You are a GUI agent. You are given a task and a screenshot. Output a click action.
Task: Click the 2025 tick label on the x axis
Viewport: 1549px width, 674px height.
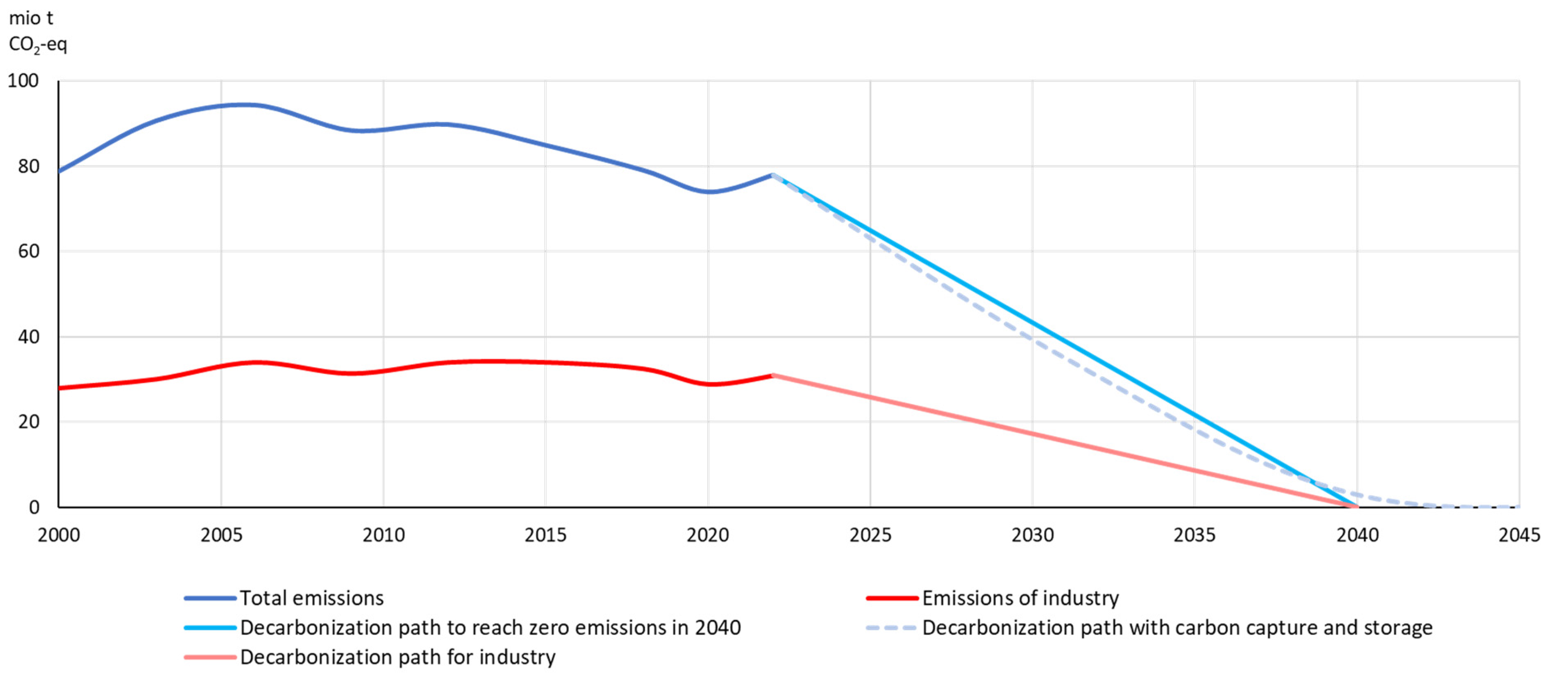(870, 535)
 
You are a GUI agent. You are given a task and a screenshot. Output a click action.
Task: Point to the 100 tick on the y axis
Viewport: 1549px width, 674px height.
(23, 81)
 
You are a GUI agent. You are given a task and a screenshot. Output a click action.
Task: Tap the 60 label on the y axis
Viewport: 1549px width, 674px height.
(28, 251)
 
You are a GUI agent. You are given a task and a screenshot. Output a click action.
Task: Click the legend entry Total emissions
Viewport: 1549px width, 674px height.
(311, 598)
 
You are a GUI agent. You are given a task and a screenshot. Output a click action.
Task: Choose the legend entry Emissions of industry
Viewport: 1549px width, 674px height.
(1020, 598)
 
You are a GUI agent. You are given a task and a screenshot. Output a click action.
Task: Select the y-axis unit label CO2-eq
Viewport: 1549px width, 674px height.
(37, 45)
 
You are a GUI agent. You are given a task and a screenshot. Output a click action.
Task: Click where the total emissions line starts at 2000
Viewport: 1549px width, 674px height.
(59, 171)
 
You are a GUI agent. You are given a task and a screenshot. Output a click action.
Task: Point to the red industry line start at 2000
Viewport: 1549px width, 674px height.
(59, 388)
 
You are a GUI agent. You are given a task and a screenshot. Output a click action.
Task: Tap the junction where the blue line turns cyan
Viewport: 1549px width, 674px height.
(773, 175)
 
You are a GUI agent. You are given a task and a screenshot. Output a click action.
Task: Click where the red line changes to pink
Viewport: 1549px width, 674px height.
(773, 375)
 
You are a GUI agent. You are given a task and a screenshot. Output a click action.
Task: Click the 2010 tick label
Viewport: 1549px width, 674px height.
(383, 535)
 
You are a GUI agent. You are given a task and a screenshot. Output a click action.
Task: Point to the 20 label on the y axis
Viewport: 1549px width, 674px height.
(28, 422)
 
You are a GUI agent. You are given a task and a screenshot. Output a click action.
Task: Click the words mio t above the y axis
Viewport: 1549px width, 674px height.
(31, 18)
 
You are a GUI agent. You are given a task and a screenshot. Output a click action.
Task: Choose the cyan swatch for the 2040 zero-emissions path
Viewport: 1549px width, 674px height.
(210, 628)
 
